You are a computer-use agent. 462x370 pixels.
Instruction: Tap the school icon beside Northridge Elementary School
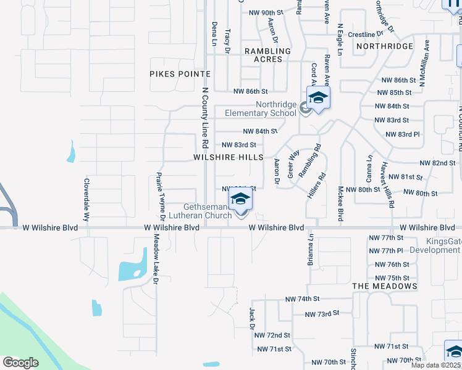[318, 99]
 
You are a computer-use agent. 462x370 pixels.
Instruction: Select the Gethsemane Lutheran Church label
[208, 211]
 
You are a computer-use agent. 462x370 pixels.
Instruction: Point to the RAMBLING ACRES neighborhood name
[267, 55]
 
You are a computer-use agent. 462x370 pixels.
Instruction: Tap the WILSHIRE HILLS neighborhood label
[228, 158]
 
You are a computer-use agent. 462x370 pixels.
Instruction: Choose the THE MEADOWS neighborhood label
[384, 286]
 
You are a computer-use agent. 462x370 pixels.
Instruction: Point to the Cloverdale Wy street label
[86, 200]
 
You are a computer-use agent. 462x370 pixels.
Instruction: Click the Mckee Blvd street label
[340, 203]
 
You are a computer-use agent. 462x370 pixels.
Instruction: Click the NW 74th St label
[301, 299]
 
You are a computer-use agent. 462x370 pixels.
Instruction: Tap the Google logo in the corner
[20, 363]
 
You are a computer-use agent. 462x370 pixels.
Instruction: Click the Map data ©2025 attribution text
[436, 365]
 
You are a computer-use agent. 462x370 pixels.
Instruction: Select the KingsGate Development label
[434, 246]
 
